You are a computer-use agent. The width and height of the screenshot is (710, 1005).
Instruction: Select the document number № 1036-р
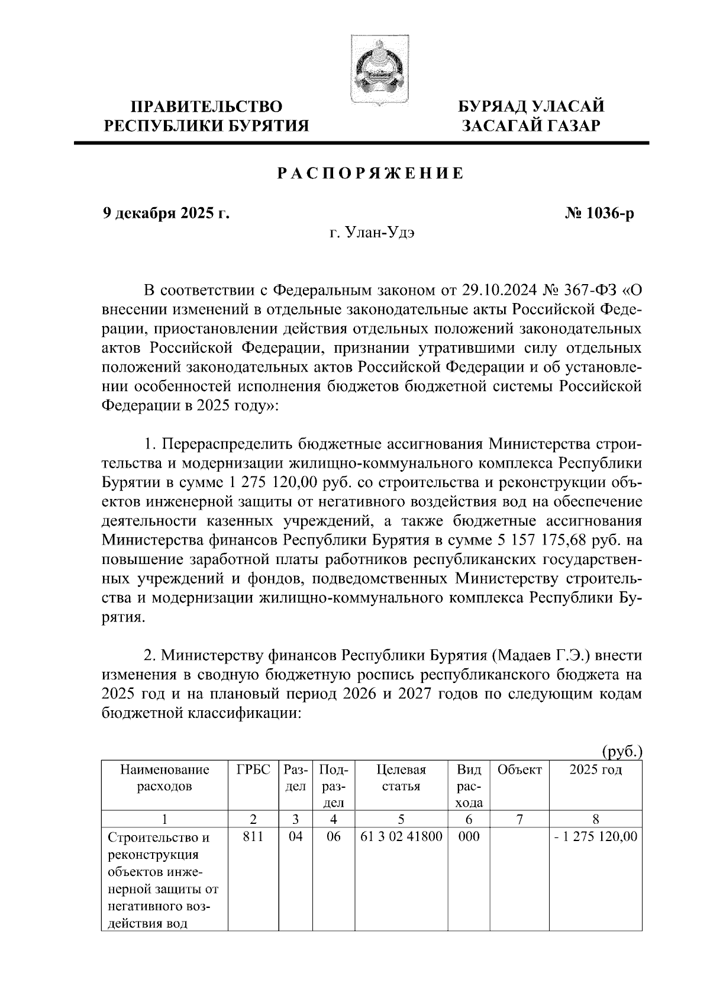pos(599,213)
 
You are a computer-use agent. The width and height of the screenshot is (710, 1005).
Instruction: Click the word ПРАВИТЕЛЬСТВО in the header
pos(206,107)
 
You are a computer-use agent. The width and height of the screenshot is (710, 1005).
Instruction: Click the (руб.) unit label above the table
pos(621,752)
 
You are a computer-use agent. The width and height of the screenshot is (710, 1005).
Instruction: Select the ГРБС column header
pos(253,769)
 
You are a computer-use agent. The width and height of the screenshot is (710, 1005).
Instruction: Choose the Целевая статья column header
pos(401,778)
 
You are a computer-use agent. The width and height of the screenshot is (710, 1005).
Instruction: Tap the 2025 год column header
pos(595,769)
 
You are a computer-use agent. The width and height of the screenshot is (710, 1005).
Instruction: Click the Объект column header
pos(519,769)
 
